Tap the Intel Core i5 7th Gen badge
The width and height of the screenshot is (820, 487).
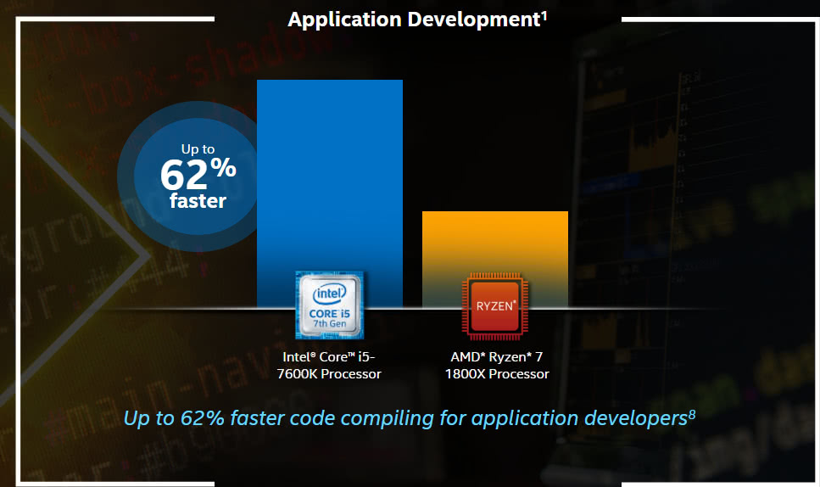click(x=330, y=305)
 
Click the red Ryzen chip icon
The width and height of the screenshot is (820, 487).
click(x=494, y=306)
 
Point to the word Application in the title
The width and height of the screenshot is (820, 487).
click(x=344, y=20)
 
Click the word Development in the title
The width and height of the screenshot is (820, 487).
click(x=474, y=20)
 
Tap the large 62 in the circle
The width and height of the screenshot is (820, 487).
click(x=183, y=175)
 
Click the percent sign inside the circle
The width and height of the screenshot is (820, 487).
click(x=223, y=167)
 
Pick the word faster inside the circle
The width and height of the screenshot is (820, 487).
click(x=198, y=201)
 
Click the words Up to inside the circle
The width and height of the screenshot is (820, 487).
click(x=198, y=149)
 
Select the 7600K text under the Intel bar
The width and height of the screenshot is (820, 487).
click(x=297, y=374)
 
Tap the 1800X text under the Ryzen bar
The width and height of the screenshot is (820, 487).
click(x=466, y=374)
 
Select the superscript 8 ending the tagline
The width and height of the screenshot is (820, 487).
click(x=692, y=414)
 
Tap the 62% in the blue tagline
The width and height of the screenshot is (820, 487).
click(x=203, y=418)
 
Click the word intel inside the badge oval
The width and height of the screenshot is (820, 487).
click(x=330, y=294)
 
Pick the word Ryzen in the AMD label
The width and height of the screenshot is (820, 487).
click(x=507, y=357)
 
